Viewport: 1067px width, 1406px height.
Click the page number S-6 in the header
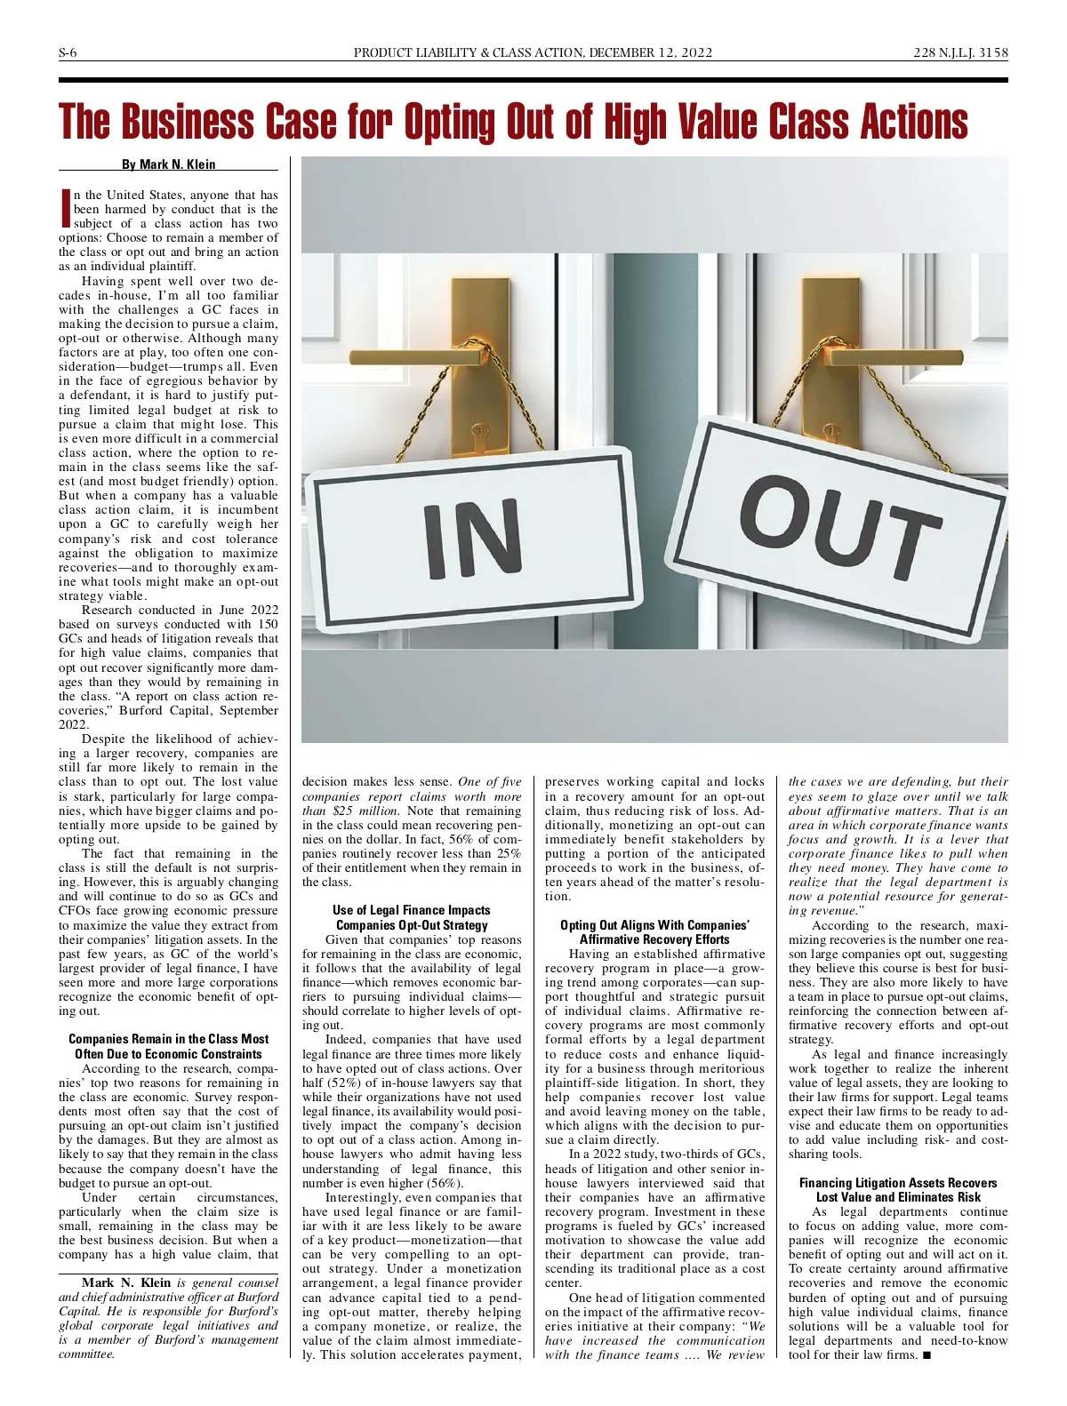68,52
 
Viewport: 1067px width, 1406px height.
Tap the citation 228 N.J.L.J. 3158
960,52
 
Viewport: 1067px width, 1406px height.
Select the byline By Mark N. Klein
169,164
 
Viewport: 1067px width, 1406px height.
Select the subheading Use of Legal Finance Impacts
411,910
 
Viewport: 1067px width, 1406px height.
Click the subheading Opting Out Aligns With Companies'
654,925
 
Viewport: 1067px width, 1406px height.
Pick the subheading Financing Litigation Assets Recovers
898,1183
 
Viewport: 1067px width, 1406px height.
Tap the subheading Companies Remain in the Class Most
169,1039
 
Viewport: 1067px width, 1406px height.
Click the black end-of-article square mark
927,1354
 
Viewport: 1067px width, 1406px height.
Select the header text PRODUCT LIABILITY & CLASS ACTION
469,52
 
